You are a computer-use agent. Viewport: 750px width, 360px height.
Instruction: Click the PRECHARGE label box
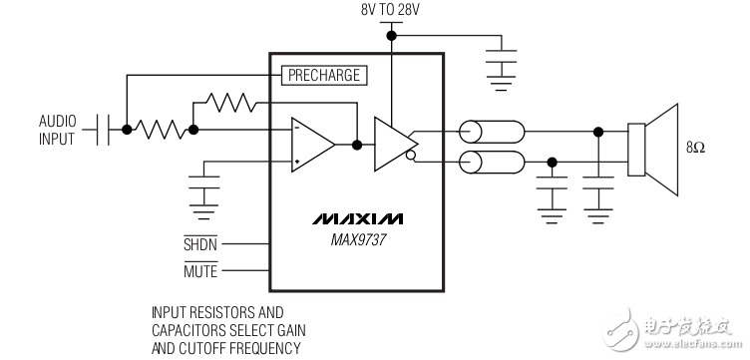click(x=323, y=75)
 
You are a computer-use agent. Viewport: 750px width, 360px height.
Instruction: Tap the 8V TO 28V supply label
click(x=393, y=10)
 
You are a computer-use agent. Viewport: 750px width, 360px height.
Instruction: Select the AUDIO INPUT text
click(x=57, y=130)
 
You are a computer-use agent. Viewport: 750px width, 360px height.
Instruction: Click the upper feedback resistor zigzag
click(x=229, y=101)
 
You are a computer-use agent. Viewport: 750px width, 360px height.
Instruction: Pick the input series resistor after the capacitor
click(x=160, y=130)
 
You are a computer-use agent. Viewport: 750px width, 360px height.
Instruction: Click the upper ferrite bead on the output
click(x=490, y=131)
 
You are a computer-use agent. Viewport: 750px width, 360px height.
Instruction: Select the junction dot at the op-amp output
click(x=357, y=145)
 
